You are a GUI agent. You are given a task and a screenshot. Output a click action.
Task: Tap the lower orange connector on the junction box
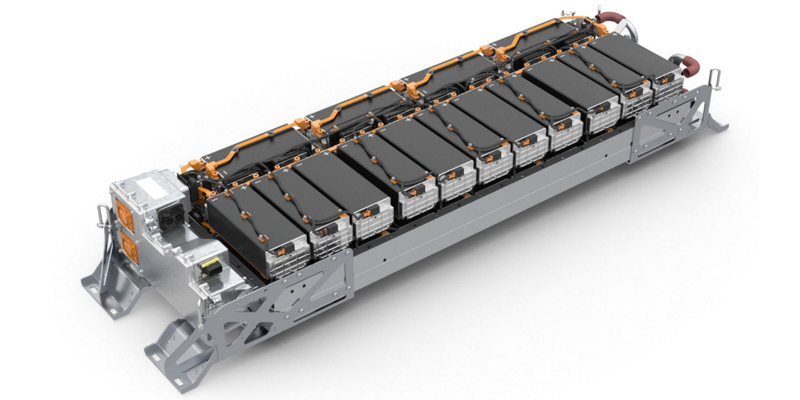click(x=130, y=247)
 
